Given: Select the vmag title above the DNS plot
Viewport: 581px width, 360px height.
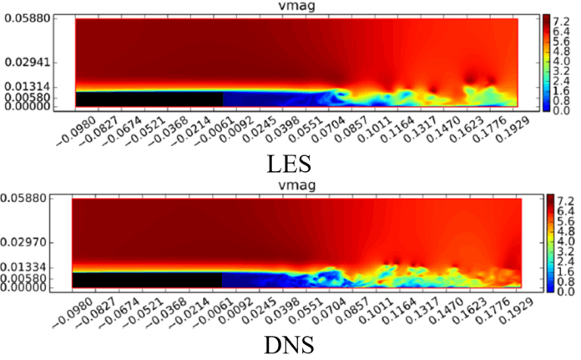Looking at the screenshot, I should pyautogui.click(x=295, y=189).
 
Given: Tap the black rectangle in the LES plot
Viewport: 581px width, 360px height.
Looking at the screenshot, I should pyautogui.click(x=149, y=99).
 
